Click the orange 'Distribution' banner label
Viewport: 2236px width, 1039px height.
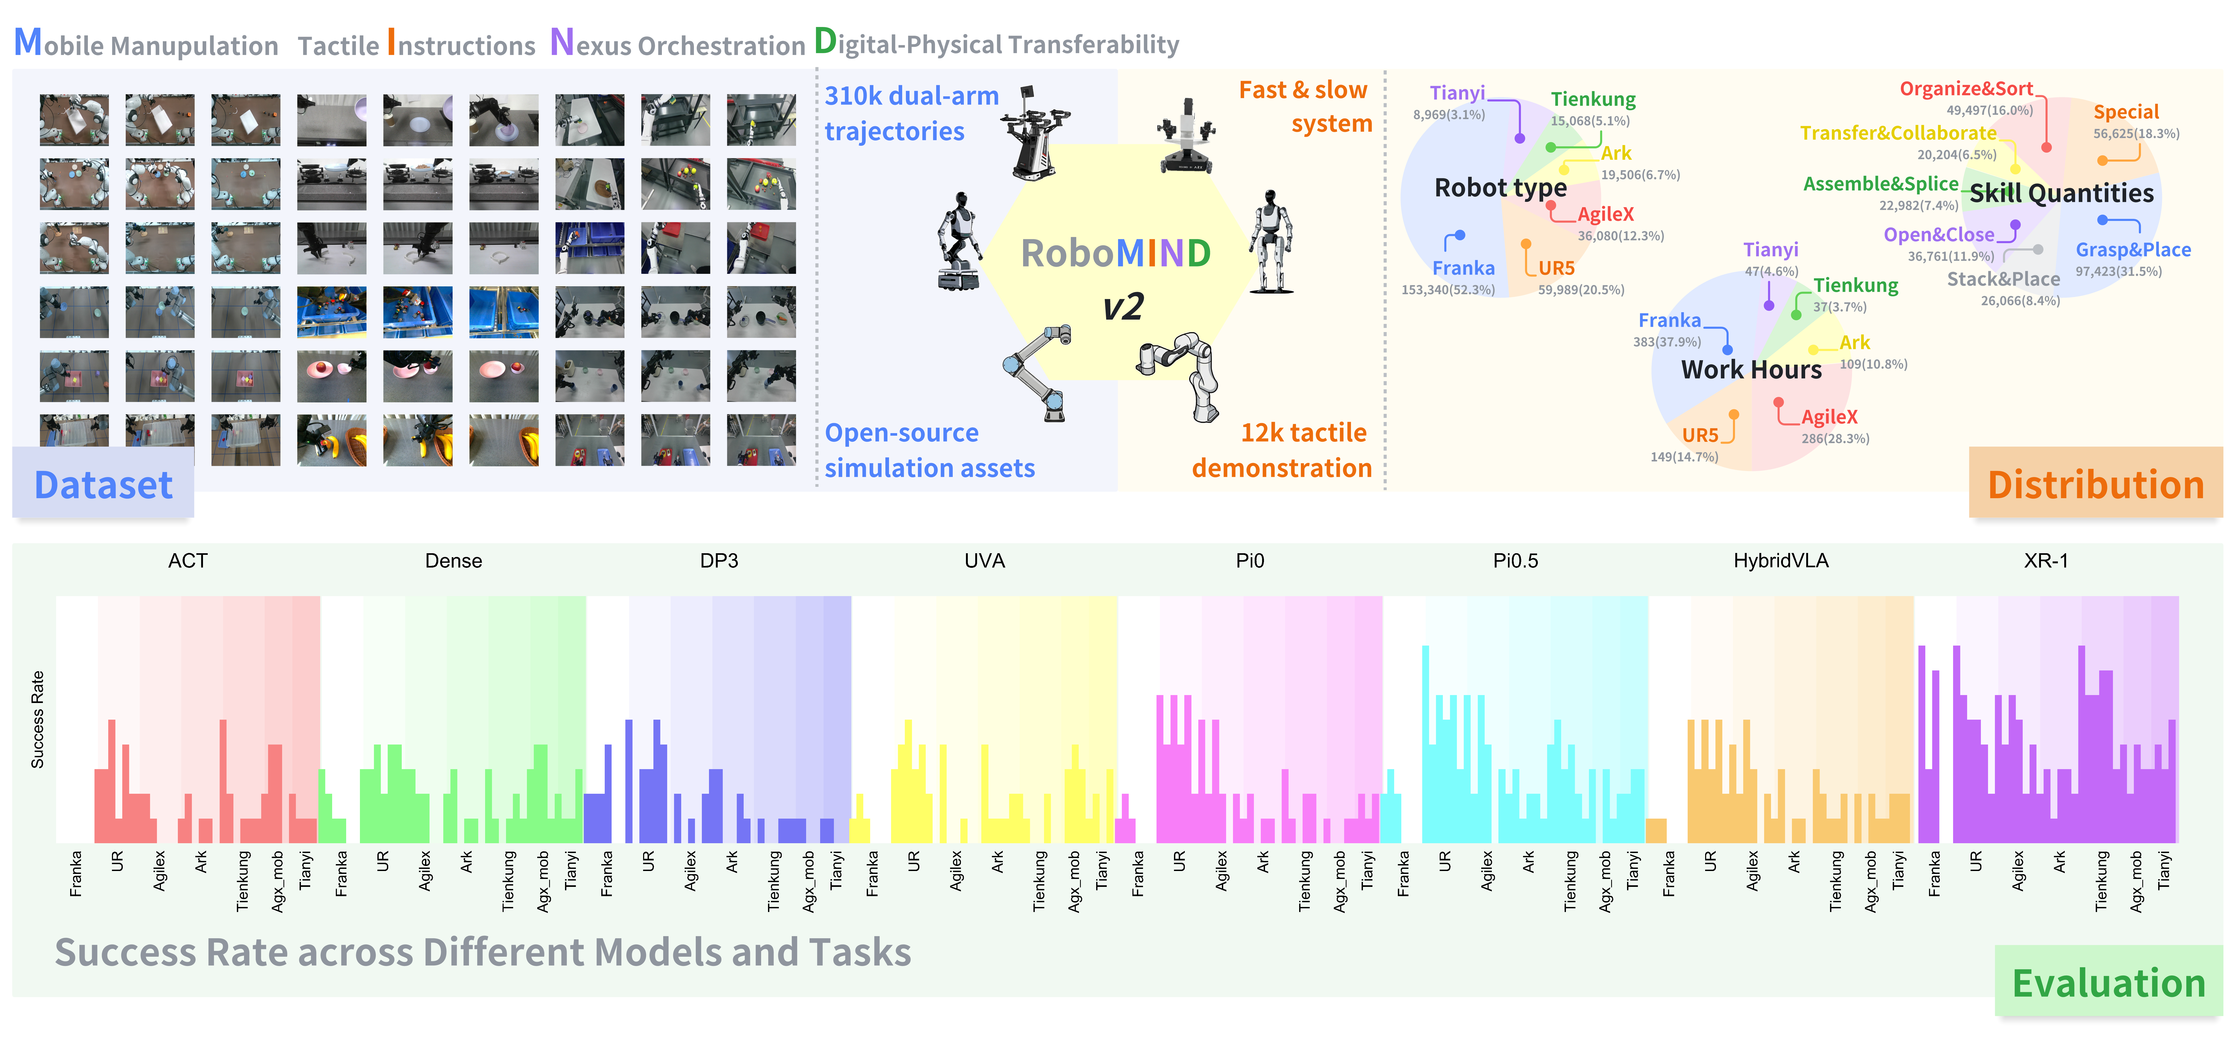(x=2095, y=484)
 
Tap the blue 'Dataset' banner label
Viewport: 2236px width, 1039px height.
(x=103, y=484)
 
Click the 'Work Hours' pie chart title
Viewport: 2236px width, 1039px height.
(x=1751, y=370)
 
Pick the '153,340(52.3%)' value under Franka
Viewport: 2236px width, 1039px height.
(x=1448, y=290)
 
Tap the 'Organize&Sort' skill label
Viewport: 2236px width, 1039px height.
(x=1966, y=89)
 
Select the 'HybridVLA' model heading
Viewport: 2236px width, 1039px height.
(x=1780, y=561)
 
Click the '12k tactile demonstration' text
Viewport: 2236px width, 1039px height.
(x=1282, y=451)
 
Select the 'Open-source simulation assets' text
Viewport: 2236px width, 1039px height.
(x=929, y=451)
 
